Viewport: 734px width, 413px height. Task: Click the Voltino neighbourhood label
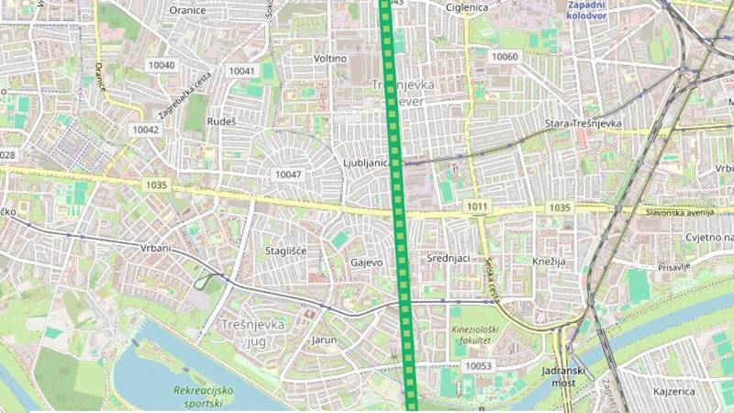coord(330,59)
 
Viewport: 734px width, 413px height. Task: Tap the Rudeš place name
coord(222,121)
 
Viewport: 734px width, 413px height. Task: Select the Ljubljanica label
coord(366,163)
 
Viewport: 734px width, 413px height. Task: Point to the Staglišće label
coord(285,251)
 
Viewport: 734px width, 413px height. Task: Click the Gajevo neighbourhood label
coord(367,262)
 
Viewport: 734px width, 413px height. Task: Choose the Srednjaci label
coord(449,259)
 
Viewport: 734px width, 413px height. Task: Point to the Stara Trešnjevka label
coord(584,123)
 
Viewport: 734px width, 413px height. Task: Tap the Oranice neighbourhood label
coord(188,9)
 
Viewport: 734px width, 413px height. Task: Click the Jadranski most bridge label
coord(558,374)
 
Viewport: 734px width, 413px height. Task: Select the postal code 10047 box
coord(287,174)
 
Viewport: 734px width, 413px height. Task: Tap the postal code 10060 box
coord(505,57)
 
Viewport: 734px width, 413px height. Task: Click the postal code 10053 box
coord(478,366)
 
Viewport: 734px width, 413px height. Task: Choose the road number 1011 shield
coord(476,206)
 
